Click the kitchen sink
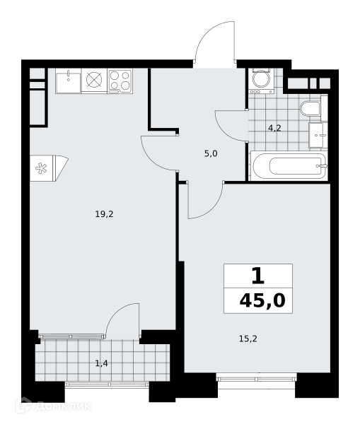(x=68, y=81)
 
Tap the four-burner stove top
(x=120, y=81)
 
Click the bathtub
(x=289, y=165)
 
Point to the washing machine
(x=261, y=81)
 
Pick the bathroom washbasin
(x=318, y=135)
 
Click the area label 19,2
(x=104, y=214)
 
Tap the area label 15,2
(x=248, y=338)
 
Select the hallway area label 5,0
(x=211, y=154)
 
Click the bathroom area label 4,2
(x=274, y=128)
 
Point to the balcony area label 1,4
(x=102, y=363)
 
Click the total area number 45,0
(x=262, y=300)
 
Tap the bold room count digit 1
(x=258, y=276)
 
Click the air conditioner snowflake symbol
(x=41, y=168)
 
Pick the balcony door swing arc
(x=115, y=312)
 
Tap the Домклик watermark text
(x=62, y=406)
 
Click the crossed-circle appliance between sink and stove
(x=94, y=79)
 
